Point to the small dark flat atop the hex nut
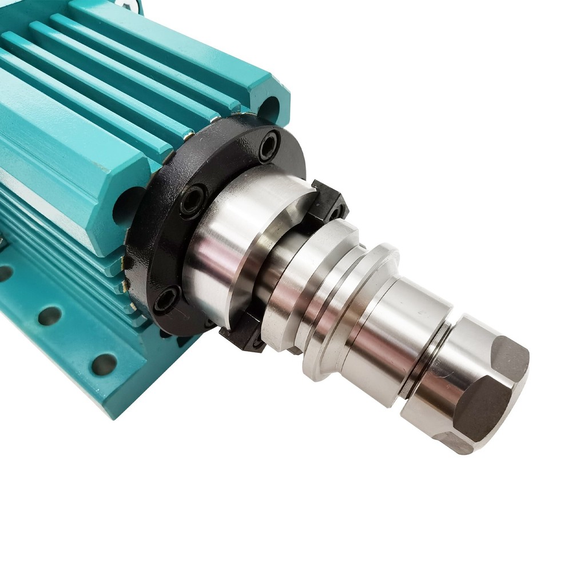[x=510, y=357]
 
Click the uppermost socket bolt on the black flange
[x=269, y=145]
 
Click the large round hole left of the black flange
[x=127, y=206]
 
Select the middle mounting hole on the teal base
[x=50, y=316]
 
